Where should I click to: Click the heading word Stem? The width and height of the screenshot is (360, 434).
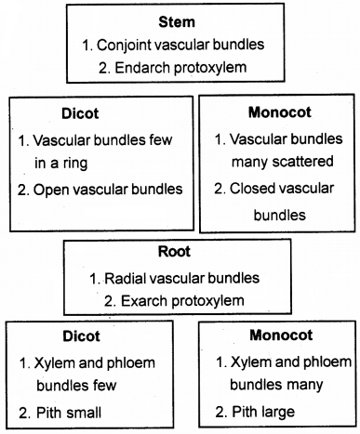point(180,20)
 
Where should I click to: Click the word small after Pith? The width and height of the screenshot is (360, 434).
point(84,409)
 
